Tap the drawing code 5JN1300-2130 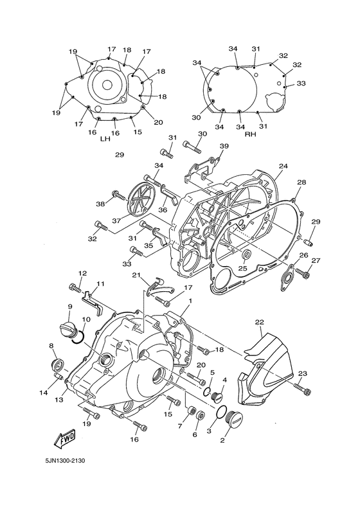(65, 460)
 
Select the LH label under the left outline (105, 139)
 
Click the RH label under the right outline (251, 134)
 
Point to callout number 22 (259, 322)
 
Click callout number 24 (283, 166)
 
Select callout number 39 (224, 147)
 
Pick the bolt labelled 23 (303, 388)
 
